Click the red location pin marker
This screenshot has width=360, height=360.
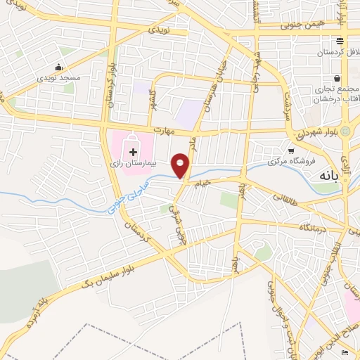coord(181,165)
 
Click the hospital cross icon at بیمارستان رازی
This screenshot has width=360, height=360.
coord(132,151)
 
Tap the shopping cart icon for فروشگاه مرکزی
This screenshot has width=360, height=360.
coord(291,150)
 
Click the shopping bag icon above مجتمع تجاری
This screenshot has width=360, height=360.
coord(337,78)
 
